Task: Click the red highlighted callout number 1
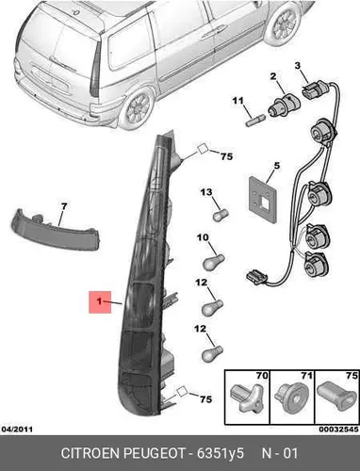(100, 301)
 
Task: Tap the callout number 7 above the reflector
(64, 206)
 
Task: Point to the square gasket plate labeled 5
(263, 200)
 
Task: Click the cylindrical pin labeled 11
(254, 121)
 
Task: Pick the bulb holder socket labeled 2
(284, 106)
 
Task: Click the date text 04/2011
(17, 429)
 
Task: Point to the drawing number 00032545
(338, 429)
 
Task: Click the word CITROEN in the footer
(90, 453)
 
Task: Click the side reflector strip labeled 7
(56, 229)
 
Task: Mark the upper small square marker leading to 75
(203, 149)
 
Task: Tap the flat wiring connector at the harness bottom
(257, 277)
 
